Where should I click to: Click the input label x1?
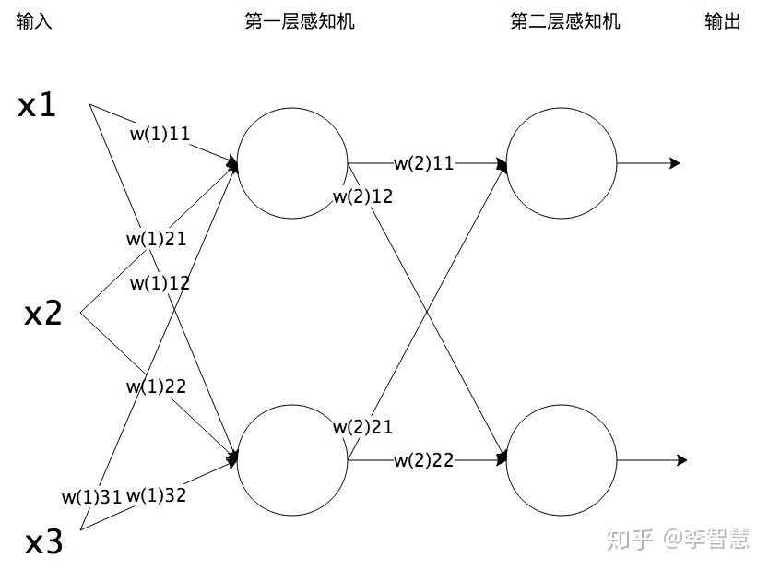tap(38, 106)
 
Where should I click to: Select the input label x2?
tap(42, 315)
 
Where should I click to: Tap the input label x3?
tap(43, 542)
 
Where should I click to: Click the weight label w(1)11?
tap(160, 134)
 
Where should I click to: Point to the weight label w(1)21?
tap(157, 239)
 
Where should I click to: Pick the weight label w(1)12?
tap(160, 283)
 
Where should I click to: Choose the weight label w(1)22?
tap(157, 386)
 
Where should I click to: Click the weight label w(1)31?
tap(91, 496)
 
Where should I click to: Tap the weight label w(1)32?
tap(156, 495)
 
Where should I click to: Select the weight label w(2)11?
tap(424, 163)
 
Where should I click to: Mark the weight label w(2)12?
tap(362, 196)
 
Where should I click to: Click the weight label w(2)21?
tap(362, 427)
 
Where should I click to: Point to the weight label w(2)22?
tap(424, 459)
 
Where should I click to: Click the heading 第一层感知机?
tap(300, 22)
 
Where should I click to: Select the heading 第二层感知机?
tap(565, 22)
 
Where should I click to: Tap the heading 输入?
tap(34, 22)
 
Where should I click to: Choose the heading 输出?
tap(723, 22)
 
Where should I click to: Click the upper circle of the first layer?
tap(292, 163)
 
